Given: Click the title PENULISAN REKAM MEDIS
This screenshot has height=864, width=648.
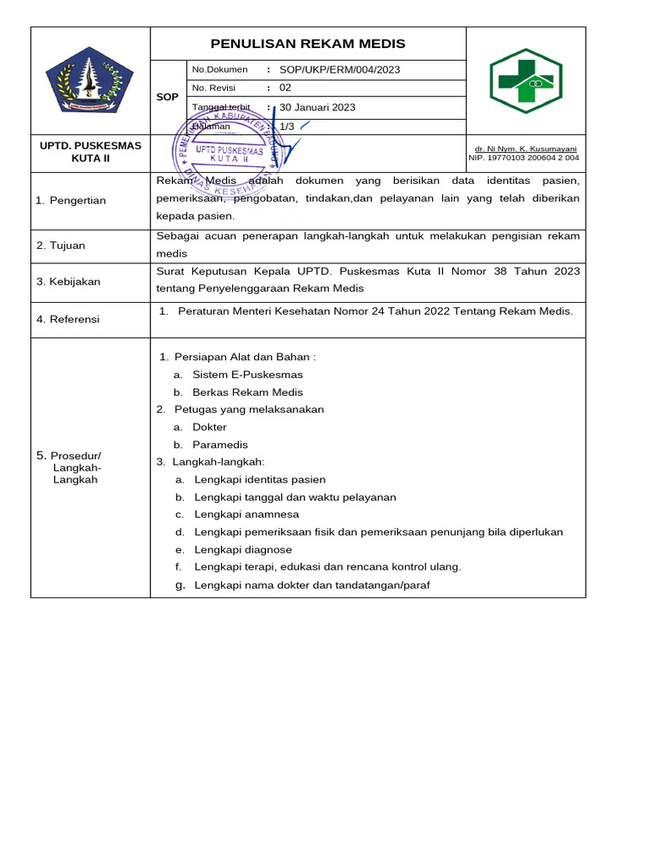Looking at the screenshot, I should [308, 44].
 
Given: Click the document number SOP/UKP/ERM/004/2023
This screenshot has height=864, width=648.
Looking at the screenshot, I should [340, 70].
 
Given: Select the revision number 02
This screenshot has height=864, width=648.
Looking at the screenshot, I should [285, 88].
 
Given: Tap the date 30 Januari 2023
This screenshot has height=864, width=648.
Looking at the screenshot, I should [317, 107].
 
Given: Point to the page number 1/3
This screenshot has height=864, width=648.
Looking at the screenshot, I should [287, 126].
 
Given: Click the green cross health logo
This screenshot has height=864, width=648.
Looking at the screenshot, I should [526, 81].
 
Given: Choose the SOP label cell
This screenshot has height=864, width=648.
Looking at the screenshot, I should [167, 97].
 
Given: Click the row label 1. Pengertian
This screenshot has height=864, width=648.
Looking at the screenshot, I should [71, 200].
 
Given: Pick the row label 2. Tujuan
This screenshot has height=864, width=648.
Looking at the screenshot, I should [61, 246].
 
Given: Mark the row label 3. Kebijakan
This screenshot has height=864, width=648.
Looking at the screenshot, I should [68, 282].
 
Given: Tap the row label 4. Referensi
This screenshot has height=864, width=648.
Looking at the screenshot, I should [67, 319].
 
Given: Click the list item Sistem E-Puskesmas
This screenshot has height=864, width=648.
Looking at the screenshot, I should [247, 375].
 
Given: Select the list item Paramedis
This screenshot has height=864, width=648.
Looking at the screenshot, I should [219, 445].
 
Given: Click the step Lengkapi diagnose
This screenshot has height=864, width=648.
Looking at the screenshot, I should [243, 549].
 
